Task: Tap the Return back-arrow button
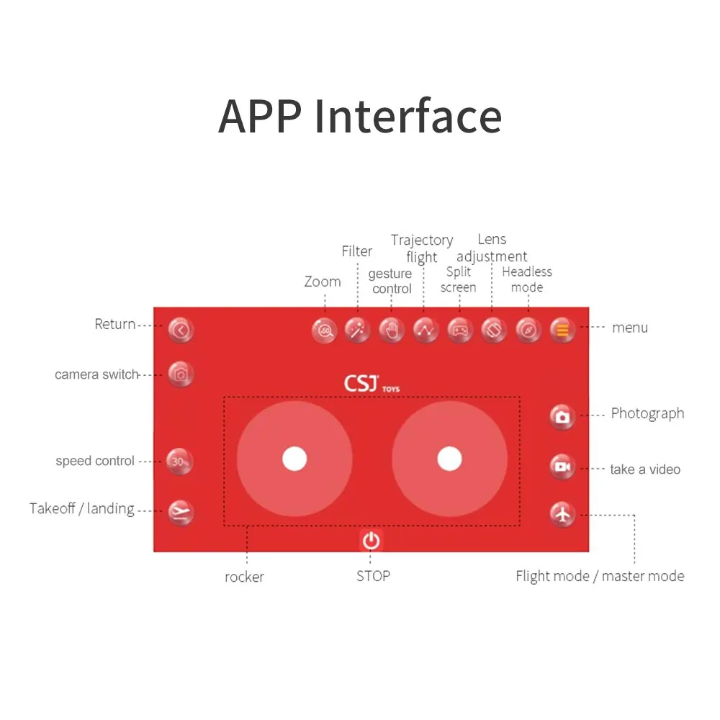coord(181,330)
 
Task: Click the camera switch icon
coord(181,374)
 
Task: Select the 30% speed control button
coord(180,462)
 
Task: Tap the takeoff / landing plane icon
coord(181,512)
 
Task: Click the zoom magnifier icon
coord(325,330)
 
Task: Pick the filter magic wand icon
coord(357,330)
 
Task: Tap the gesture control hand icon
coord(392,330)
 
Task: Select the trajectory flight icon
coord(426,330)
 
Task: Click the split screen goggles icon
coord(459,330)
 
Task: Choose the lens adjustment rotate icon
coord(494,330)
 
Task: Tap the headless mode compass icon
coord(528,330)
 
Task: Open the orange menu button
coord(562,330)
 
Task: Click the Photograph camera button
coord(562,416)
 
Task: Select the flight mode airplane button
coord(562,514)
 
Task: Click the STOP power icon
coord(371,540)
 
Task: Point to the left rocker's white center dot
coord(294,459)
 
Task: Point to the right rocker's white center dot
coord(449,459)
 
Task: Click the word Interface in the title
coord(408,116)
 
